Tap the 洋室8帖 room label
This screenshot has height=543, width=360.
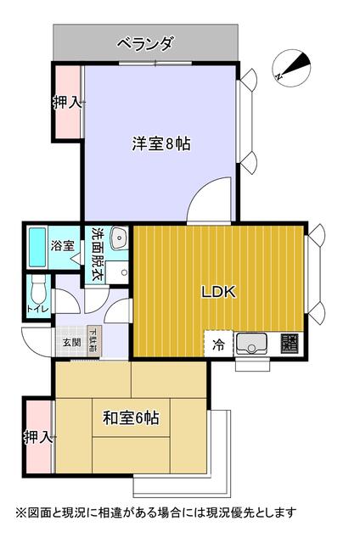160,143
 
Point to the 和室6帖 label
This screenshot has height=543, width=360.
132,417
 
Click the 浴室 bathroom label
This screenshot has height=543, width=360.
62,246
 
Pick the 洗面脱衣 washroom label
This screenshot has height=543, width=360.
97,252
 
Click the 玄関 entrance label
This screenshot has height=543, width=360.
70,343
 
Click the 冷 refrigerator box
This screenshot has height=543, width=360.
218,344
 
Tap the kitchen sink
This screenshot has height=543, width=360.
253,344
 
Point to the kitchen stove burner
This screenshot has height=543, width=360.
290,344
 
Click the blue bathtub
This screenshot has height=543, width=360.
37,246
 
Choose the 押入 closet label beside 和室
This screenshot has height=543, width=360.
38,438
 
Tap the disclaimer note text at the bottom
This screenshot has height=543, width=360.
155,512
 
